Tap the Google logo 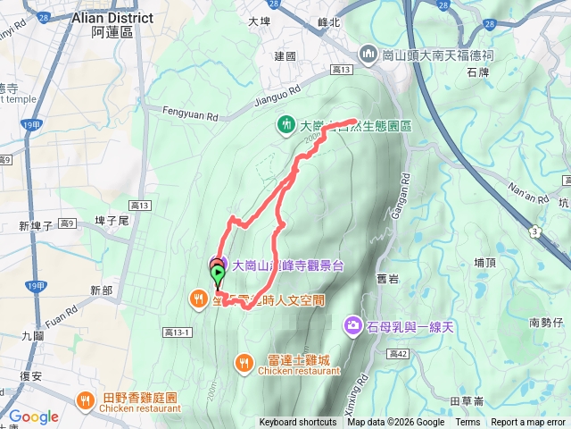pos(34,416)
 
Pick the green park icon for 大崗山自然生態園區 pos(286,125)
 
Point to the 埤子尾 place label pos(112,220)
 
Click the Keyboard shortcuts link pos(298,423)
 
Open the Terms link pos(467,423)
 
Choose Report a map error pos(528,423)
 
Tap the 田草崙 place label pos(468,400)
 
